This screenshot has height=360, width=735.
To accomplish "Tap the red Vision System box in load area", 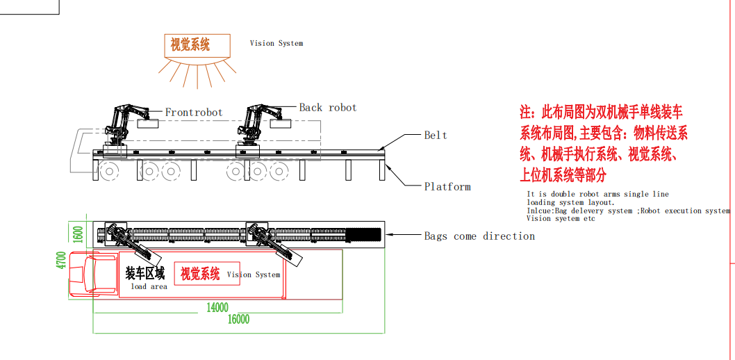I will tap(200, 274).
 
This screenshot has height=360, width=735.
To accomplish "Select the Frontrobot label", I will tap(194, 112).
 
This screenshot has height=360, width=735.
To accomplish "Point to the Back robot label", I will tap(327, 108).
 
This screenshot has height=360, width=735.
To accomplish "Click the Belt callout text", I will tap(436, 135).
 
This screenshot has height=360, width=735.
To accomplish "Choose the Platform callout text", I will tap(447, 186).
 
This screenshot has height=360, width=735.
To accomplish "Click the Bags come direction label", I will tap(479, 236).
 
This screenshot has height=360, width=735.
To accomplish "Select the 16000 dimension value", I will tap(238, 319).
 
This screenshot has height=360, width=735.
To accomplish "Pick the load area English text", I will tap(149, 286).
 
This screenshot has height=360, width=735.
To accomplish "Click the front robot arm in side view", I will tap(121, 125).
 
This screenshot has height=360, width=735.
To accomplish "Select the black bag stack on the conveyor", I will tap(364, 234).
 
